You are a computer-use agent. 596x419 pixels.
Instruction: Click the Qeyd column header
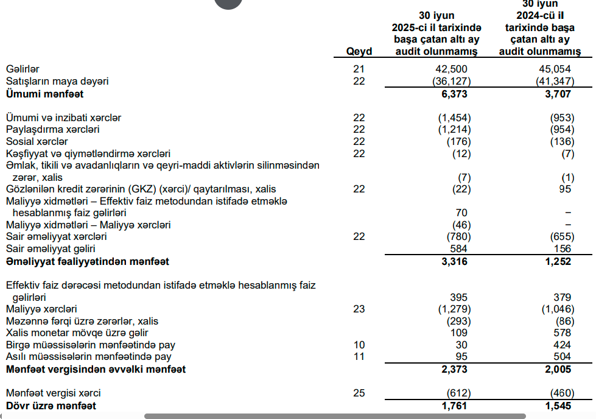359,52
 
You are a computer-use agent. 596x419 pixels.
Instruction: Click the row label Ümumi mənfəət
44,94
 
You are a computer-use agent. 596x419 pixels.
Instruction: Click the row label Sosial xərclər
37,141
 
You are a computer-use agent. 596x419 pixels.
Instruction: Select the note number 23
359,309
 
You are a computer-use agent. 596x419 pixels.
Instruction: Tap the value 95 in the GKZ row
564,189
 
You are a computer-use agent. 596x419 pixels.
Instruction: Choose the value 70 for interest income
461,213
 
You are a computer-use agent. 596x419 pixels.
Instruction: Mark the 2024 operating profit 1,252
559,261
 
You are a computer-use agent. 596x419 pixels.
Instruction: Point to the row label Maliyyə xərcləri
41,309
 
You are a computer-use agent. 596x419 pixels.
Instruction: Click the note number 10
359,345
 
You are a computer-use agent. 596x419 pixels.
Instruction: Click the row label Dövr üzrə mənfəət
51,405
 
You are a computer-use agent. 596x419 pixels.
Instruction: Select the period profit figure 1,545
559,405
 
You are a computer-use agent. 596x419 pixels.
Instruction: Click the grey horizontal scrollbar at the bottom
335,416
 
